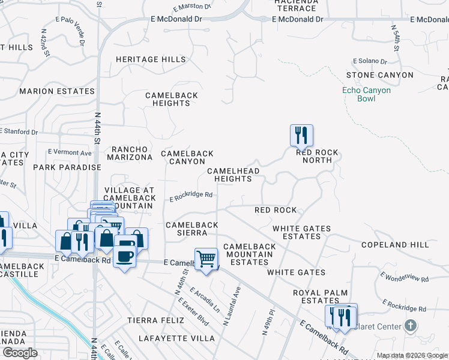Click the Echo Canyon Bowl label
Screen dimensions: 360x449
point(366,94)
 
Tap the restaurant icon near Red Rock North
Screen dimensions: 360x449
point(300,135)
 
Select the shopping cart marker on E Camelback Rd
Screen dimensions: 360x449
point(206,259)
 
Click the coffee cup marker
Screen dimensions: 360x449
point(125,256)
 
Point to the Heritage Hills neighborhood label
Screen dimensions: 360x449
point(146,60)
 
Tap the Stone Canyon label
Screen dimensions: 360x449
point(379,75)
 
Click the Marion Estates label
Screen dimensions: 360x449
point(57,92)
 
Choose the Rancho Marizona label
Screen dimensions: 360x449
point(130,153)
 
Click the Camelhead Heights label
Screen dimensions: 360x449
point(233,175)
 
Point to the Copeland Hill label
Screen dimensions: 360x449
point(395,245)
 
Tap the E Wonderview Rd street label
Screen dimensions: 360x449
point(405,277)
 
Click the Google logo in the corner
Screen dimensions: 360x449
point(20,353)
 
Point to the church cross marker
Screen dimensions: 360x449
point(410,326)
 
